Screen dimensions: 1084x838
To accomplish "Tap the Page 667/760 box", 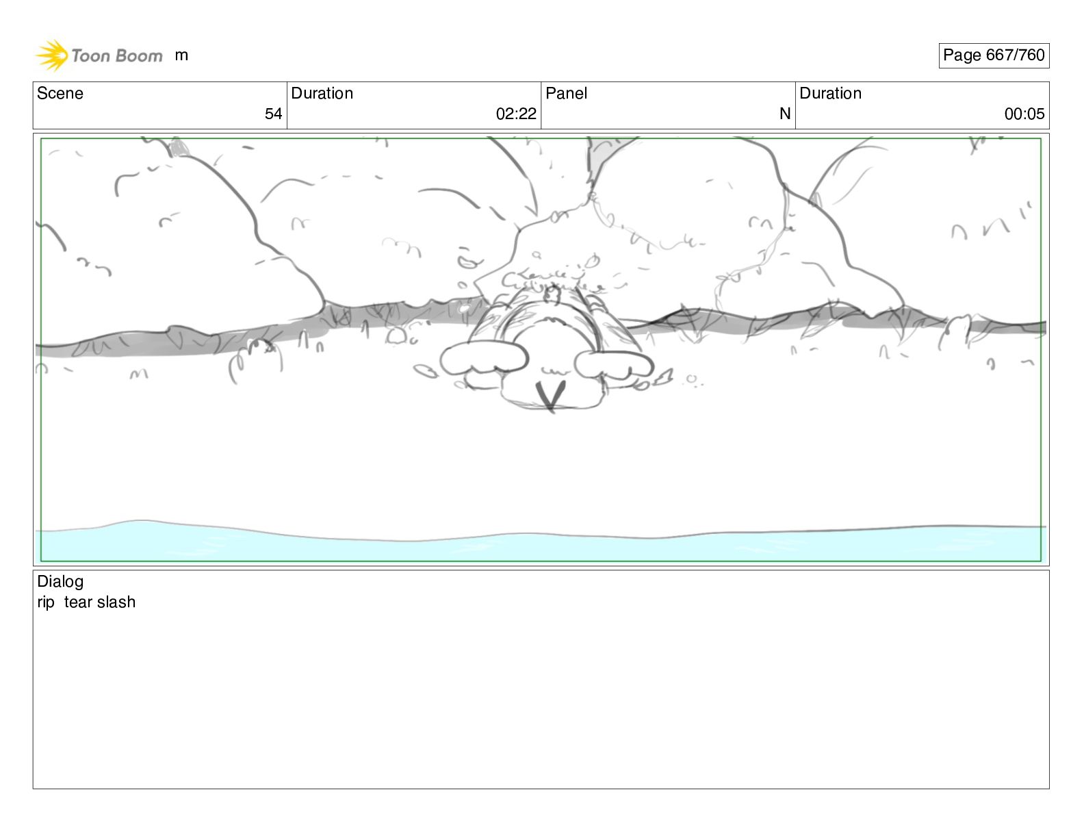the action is [994, 55].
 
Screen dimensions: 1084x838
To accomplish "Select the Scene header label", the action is [60, 93].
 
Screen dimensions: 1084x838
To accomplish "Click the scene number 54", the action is [273, 114].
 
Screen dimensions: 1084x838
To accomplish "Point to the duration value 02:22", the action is [516, 114].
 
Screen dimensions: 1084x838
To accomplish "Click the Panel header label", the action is [566, 93].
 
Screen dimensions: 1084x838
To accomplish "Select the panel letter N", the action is [785, 114].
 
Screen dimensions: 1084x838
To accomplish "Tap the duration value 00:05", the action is [1024, 114].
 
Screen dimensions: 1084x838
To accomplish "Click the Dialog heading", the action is [60, 582].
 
